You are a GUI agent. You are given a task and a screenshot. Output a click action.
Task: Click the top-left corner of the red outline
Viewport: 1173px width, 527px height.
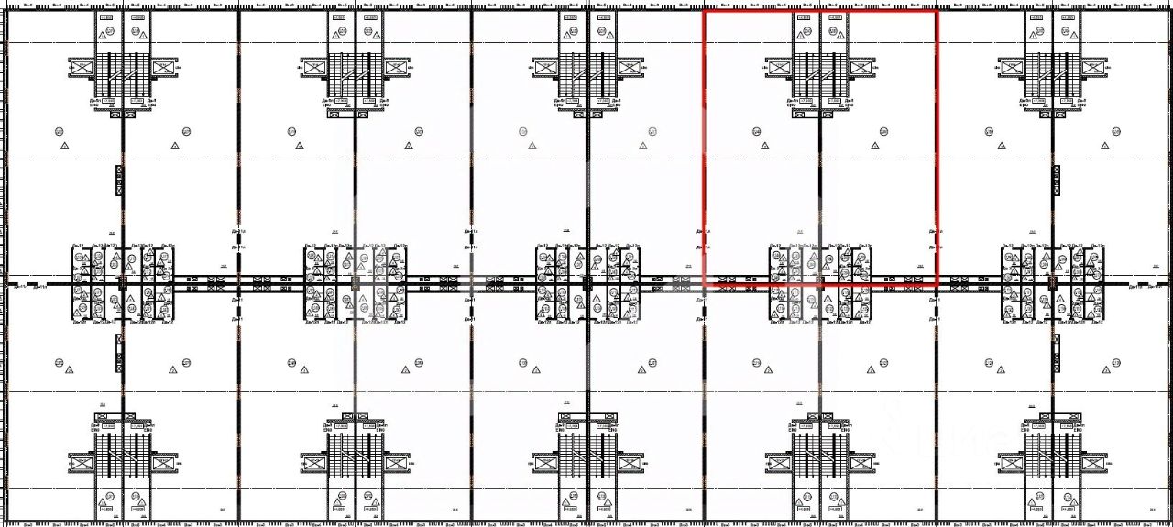tap(704, 11)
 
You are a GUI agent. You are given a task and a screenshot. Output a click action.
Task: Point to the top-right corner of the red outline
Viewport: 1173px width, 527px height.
tap(937, 11)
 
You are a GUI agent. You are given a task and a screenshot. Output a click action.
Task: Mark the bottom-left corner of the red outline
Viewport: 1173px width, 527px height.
tap(704, 286)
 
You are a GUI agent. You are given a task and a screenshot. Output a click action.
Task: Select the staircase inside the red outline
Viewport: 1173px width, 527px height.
tap(819, 73)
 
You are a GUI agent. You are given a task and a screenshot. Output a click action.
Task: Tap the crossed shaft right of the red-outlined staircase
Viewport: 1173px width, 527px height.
tap(861, 67)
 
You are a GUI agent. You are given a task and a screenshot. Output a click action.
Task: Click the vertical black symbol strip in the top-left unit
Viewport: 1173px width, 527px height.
tap(119, 180)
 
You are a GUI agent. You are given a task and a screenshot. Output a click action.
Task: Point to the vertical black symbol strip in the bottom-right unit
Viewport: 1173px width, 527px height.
tap(1054, 352)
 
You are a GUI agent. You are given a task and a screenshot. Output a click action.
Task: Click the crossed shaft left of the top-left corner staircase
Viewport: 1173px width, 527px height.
tap(81, 67)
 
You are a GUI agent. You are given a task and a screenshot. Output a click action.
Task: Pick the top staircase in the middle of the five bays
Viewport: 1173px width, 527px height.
tap(586, 73)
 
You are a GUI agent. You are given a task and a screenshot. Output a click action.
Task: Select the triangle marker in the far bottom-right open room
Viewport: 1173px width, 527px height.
tap(1102, 369)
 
